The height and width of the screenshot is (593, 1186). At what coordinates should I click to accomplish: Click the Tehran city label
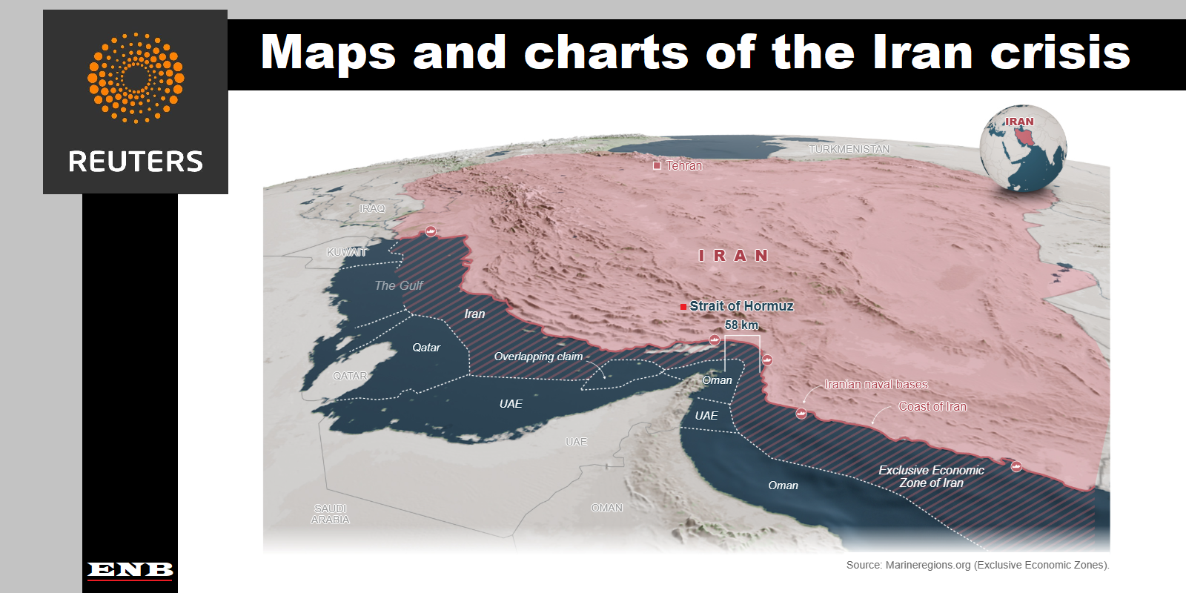(x=683, y=165)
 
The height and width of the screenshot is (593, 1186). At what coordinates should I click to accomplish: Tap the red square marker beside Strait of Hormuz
(x=683, y=306)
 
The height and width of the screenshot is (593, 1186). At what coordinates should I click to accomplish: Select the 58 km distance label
(x=741, y=325)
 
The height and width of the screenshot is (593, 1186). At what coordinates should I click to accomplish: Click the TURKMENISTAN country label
(x=849, y=149)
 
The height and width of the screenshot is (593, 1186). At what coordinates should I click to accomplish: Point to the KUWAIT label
(x=347, y=252)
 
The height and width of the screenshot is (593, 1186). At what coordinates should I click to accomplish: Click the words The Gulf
(x=399, y=285)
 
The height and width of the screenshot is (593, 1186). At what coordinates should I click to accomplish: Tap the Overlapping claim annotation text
(x=538, y=357)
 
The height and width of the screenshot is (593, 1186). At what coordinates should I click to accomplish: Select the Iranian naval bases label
(x=875, y=384)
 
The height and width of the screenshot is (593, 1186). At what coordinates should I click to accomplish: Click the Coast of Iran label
(x=932, y=406)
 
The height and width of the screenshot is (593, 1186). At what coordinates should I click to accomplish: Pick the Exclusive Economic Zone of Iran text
(x=931, y=477)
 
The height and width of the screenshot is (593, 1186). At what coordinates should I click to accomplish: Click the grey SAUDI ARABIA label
(x=331, y=514)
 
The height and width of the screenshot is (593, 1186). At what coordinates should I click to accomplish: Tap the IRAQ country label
(x=372, y=208)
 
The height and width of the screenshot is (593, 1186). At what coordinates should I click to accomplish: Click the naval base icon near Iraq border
(x=431, y=231)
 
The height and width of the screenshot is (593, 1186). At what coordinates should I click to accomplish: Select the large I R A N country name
(x=733, y=256)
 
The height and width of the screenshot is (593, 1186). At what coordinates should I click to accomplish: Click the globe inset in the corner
(x=1023, y=148)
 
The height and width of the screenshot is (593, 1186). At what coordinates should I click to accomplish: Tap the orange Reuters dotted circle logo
(x=136, y=77)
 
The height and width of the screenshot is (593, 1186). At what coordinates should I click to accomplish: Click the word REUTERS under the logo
(x=136, y=162)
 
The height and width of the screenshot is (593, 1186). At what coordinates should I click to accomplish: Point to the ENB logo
(x=130, y=569)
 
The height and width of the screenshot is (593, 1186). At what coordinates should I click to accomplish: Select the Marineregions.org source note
(x=977, y=565)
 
